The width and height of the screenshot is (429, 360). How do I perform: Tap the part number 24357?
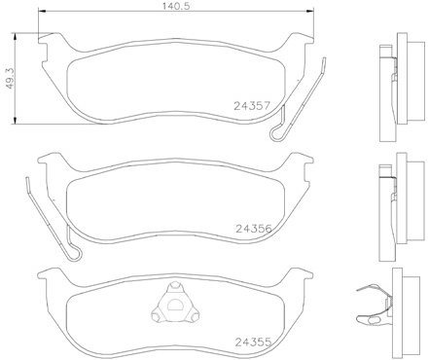[252, 106]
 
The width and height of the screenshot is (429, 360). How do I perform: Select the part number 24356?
[253, 229]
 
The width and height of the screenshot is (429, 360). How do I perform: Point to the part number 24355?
[253, 342]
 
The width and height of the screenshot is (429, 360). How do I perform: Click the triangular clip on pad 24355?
[175, 303]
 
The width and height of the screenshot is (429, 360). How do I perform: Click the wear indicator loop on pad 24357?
[277, 133]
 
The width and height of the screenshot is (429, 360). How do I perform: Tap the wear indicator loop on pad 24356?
[74, 252]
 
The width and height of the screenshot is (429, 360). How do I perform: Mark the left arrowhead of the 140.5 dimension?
[41, 12]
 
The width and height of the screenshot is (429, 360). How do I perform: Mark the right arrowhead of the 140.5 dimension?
[311, 12]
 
